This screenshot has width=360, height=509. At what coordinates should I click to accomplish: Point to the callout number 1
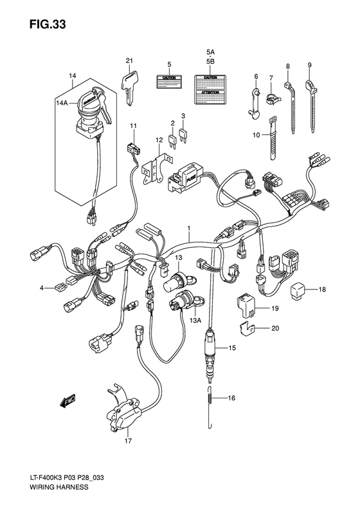(x=189, y=229)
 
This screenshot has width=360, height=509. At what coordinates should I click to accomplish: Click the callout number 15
(x=231, y=349)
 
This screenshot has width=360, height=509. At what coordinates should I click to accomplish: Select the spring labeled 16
(x=210, y=398)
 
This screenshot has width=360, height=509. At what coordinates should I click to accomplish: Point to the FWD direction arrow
(x=66, y=402)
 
